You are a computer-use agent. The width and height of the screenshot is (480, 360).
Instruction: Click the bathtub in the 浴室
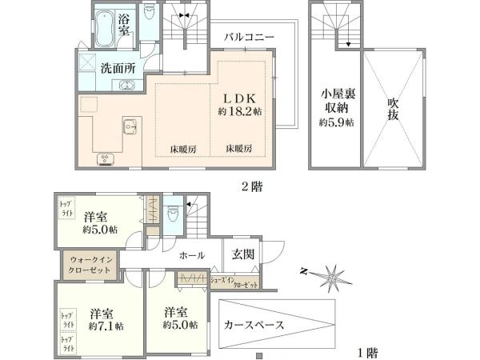(x=102, y=30)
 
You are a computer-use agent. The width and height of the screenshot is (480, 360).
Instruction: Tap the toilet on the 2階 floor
(x=150, y=17)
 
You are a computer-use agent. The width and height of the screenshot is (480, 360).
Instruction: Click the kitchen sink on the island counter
(x=131, y=124)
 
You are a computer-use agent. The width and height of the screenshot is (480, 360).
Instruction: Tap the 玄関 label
(x=242, y=254)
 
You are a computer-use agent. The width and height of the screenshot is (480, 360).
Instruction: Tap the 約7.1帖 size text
(x=106, y=326)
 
